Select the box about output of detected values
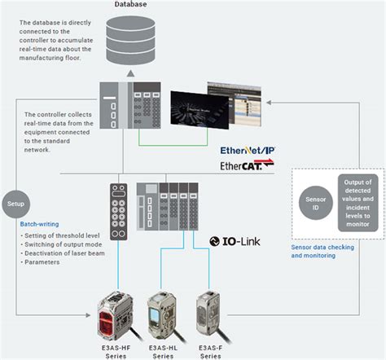pos(358,203)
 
